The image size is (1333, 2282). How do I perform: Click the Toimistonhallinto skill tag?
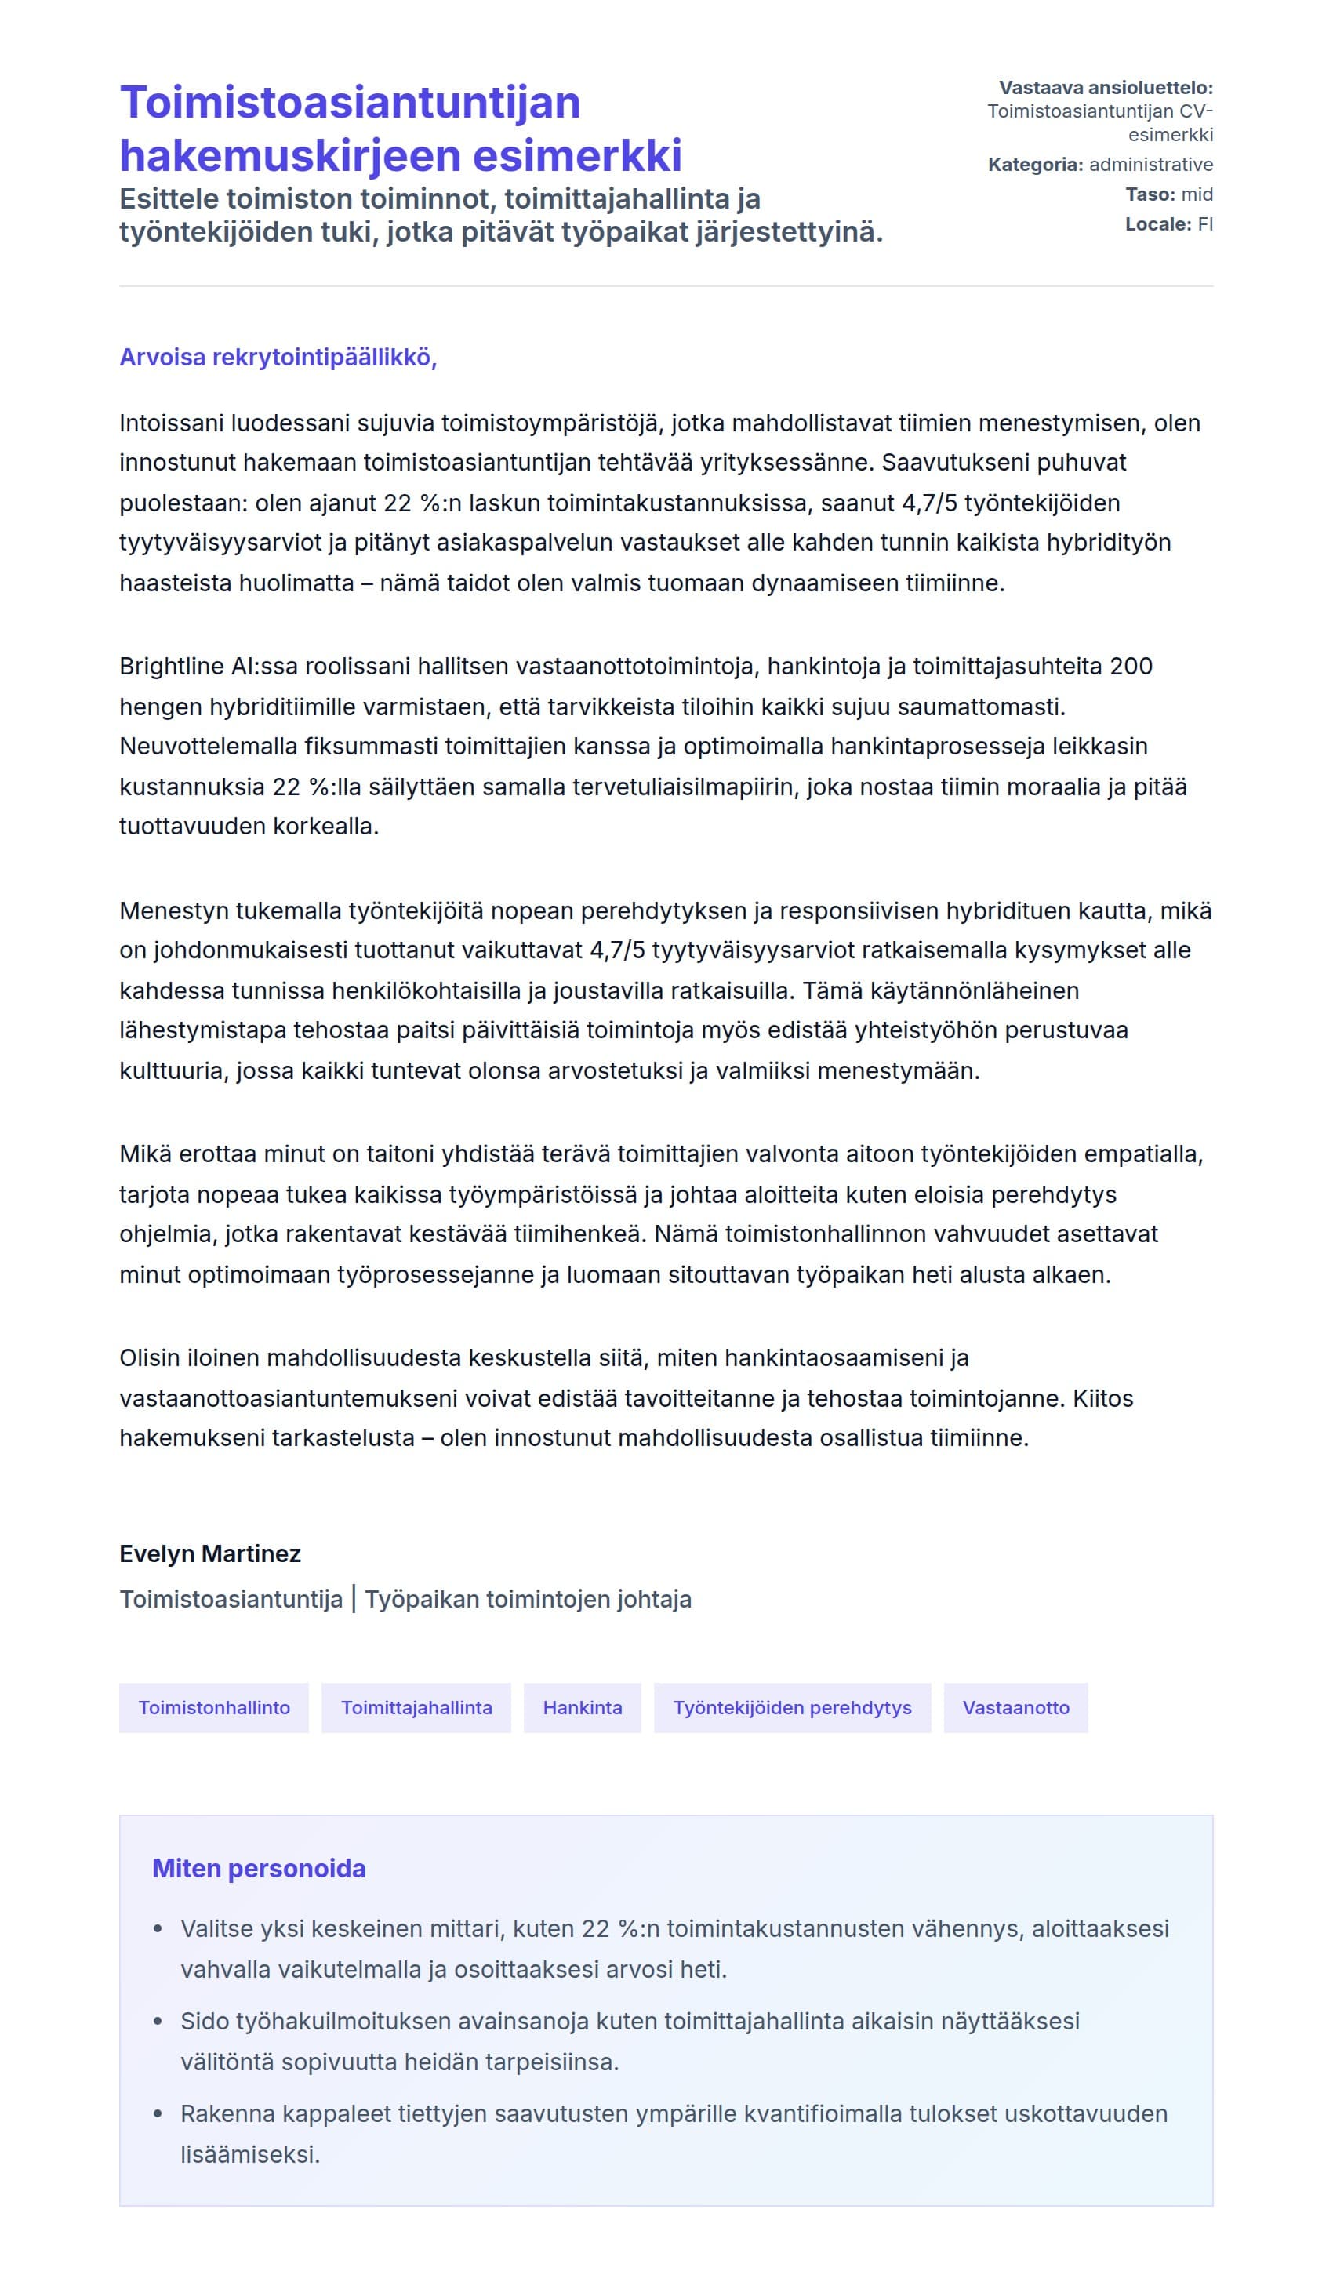click(214, 1707)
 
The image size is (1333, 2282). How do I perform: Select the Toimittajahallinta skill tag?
click(416, 1707)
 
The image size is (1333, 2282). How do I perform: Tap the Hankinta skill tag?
click(583, 1707)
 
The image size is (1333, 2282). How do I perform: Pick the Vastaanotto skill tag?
click(1015, 1707)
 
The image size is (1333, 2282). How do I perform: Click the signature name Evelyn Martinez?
click(210, 1553)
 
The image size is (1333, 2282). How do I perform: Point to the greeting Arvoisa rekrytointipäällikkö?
click(278, 357)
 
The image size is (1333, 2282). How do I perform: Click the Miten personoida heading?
click(259, 1868)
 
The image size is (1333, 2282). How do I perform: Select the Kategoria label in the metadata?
click(1034, 165)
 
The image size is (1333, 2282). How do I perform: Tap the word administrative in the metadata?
click(1151, 165)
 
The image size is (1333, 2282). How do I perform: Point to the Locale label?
click(1157, 224)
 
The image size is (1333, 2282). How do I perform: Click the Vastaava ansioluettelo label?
click(1106, 88)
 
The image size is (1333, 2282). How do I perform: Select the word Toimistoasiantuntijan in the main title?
click(350, 102)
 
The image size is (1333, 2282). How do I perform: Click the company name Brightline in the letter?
click(172, 667)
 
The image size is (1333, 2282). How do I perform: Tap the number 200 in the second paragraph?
click(1130, 667)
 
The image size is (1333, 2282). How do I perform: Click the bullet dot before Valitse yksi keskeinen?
click(158, 1929)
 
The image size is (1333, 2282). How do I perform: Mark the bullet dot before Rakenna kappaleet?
click(158, 2114)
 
